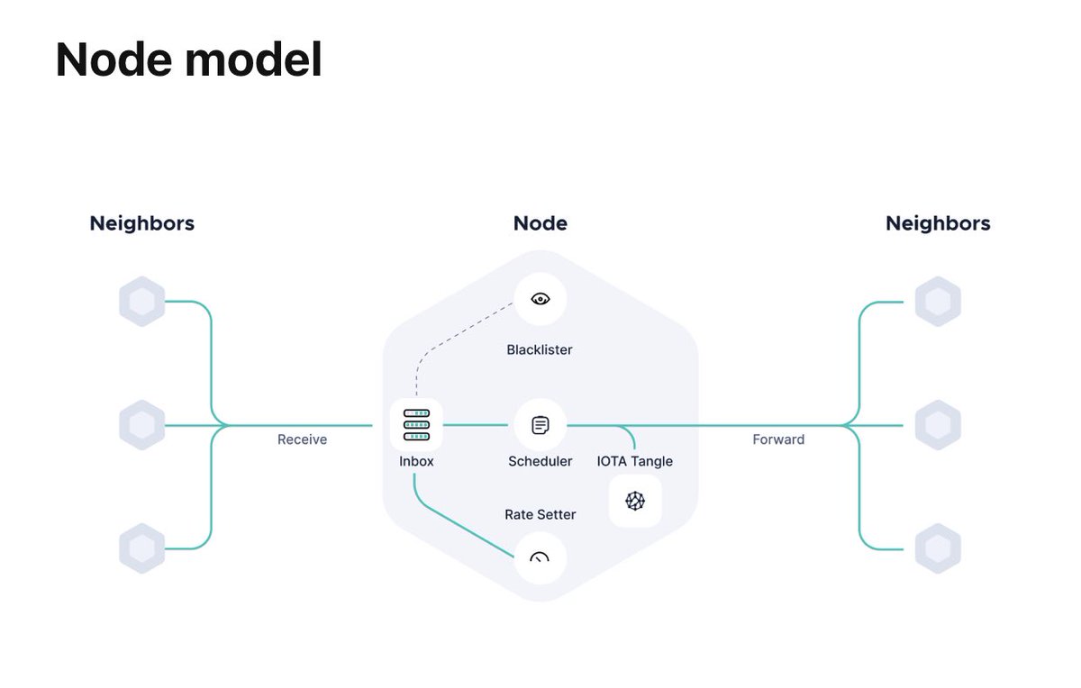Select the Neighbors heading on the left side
141,223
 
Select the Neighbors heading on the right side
938,223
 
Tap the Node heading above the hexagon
540,223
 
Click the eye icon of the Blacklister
540,299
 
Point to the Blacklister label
540,349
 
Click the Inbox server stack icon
416,424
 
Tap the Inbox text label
416,461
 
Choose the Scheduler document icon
540,425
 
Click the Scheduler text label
540,461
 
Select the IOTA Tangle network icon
635,501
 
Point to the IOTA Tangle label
635,461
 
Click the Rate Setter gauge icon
540,558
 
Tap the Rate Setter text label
540,514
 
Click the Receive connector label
302,439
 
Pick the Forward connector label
778,439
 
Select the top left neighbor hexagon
142,302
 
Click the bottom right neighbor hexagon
938,548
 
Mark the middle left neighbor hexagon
142,425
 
